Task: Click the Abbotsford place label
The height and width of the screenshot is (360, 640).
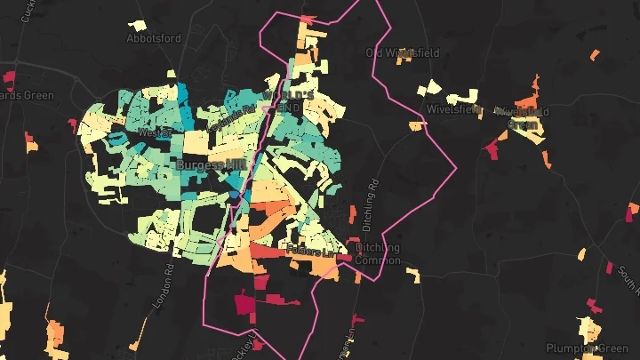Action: [153, 39]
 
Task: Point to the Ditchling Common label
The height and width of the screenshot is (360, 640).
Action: [378, 254]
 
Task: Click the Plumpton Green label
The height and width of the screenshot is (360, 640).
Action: [586, 348]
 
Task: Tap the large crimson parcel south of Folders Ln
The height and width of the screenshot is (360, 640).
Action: [244, 304]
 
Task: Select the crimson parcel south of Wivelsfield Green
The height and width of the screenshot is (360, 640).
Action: [492, 148]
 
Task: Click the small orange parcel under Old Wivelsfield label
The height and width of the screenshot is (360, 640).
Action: [415, 126]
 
